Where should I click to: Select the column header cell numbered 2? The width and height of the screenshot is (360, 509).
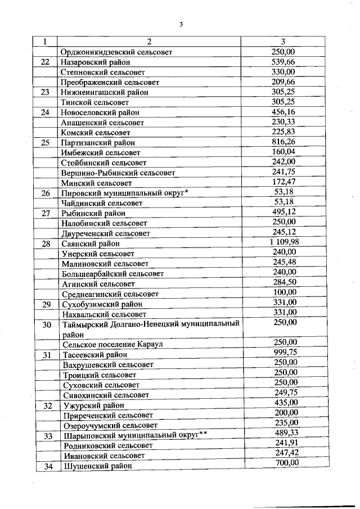(149, 42)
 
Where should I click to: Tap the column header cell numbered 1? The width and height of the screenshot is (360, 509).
(45, 42)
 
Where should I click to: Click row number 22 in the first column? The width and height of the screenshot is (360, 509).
(46, 62)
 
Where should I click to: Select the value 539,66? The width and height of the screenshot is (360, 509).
(283, 61)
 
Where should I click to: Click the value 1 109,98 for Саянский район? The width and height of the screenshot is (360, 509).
(283, 242)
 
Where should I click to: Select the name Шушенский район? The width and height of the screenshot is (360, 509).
(96, 466)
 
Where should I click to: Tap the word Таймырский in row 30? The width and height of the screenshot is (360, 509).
(86, 324)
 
